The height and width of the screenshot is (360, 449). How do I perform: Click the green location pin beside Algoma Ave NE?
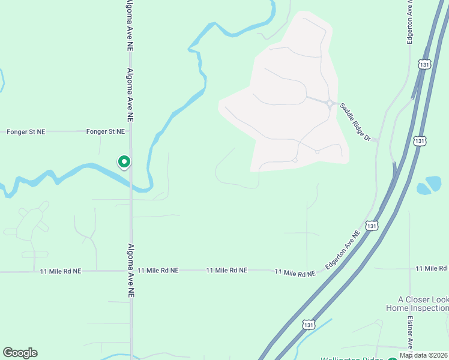tap(124, 161)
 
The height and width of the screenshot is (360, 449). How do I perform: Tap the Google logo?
tap(20, 353)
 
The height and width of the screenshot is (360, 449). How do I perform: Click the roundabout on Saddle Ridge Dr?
tap(330, 104)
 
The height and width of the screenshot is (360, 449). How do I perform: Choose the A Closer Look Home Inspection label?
tap(423, 304)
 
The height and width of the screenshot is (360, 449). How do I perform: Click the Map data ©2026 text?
tap(424, 355)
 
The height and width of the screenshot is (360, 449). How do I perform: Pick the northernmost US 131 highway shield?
tap(424, 64)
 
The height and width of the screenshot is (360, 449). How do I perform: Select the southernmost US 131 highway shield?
tap(309, 324)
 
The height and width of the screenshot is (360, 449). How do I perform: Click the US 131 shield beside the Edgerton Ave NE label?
tap(372, 226)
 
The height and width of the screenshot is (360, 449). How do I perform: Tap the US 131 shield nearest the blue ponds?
tap(420, 140)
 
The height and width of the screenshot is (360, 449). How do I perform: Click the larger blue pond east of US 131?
tap(434, 182)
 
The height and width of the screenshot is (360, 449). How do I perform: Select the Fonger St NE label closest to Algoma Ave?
tap(106, 131)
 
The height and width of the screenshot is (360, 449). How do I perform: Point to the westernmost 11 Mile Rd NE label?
tap(60, 271)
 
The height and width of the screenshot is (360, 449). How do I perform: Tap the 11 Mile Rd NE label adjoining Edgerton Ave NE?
tap(295, 273)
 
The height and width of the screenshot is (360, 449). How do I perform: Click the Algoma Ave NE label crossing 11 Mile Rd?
tap(131, 271)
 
